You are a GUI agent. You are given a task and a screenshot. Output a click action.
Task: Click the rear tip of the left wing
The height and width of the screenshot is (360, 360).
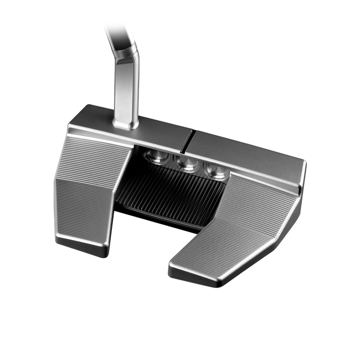(x=83, y=249)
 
